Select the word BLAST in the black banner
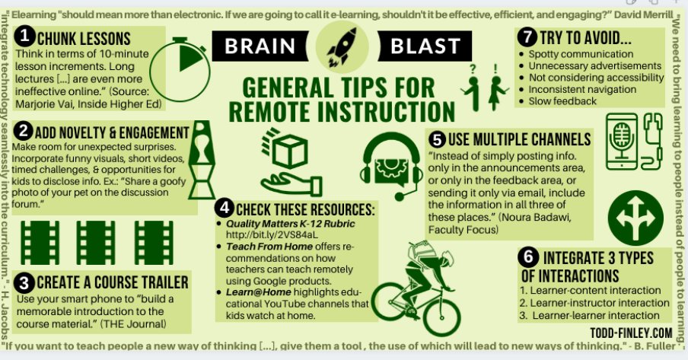(427, 47)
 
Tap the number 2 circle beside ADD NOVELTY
(25, 130)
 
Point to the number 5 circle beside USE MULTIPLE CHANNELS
(437, 139)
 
